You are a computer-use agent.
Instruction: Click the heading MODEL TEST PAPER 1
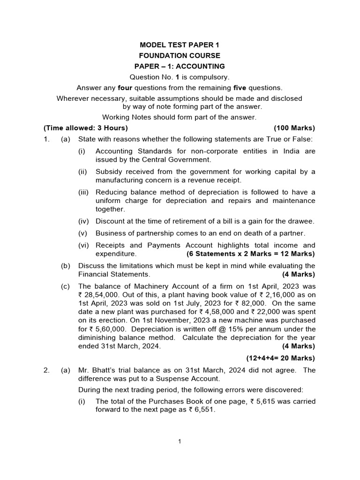pyautogui.click(x=180, y=45)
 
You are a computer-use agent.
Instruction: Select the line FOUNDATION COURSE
pyautogui.click(x=180, y=56)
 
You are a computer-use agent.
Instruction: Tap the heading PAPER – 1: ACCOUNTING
pyautogui.click(x=180, y=67)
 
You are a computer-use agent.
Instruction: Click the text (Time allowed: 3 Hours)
pyautogui.click(x=85, y=128)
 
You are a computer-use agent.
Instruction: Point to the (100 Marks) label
pyautogui.click(x=294, y=128)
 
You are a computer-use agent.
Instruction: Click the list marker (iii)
pyautogui.click(x=82, y=192)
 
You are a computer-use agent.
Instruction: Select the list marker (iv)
pyautogui.click(x=82, y=221)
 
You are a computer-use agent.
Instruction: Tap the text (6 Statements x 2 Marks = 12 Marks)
pyautogui.click(x=251, y=254)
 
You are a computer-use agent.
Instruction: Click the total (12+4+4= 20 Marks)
pyautogui.click(x=281, y=358)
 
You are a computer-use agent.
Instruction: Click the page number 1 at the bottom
pyautogui.click(x=180, y=441)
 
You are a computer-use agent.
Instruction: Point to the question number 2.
pyautogui.click(x=46, y=370)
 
